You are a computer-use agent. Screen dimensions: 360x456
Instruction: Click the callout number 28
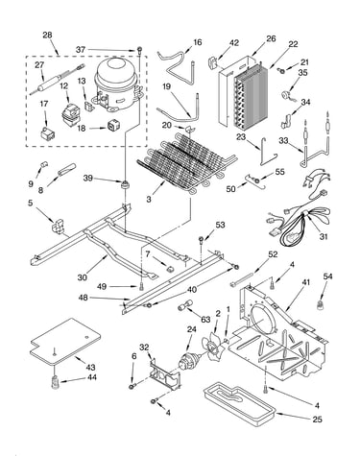click(47, 35)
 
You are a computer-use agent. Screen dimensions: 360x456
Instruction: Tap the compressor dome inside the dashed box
click(117, 84)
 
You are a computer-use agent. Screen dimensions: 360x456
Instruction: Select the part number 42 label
click(234, 43)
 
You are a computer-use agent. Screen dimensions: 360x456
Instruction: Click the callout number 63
click(205, 320)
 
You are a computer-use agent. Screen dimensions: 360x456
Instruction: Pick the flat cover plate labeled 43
click(65, 341)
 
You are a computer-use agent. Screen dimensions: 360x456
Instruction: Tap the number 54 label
click(327, 276)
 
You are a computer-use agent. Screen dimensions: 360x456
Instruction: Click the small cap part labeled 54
click(320, 305)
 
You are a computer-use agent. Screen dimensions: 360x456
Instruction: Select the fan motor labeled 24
click(188, 362)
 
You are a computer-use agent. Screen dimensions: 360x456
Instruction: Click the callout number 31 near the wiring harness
click(324, 236)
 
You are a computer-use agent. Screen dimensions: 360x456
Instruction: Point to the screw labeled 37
click(139, 50)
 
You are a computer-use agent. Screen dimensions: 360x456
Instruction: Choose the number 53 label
click(220, 225)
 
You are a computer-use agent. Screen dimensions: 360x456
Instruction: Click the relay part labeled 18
click(112, 125)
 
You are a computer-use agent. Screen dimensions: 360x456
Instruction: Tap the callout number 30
click(82, 277)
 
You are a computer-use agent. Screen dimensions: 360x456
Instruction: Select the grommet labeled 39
click(124, 184)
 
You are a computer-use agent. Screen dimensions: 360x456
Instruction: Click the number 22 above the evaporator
click(293, 44)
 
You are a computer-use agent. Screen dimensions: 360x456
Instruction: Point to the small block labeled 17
click(46, 133)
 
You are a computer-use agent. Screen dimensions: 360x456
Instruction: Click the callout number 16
click(198, 42)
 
